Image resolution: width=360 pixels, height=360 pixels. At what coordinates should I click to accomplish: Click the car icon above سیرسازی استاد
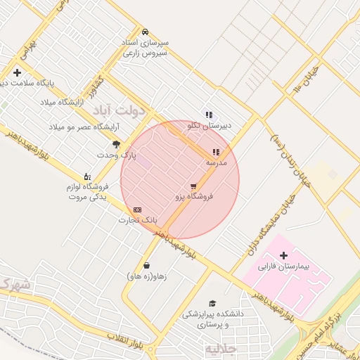click(x=145, y=32)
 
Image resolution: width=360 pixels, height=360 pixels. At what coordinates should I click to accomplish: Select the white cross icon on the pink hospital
click(x=283, y=255)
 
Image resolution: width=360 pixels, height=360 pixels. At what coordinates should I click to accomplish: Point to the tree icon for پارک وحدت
click(x=117, y=143)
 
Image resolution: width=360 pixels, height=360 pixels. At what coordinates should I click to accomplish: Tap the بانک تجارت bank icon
click(x=137, y=210)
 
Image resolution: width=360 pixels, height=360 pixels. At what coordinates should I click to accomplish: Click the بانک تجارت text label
click(x=137, y=221)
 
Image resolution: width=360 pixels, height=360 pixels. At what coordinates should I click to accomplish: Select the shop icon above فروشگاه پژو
click(x=193, y=186)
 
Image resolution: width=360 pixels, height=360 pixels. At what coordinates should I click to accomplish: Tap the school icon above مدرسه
click(x=216, y=151)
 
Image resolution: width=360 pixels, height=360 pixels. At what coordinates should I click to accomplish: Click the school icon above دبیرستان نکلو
click(x=209, y=115)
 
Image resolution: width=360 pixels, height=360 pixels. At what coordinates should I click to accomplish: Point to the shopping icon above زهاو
click(x=146, y=265)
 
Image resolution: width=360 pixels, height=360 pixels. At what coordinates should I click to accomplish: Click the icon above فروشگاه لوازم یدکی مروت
click(x=86, y=176)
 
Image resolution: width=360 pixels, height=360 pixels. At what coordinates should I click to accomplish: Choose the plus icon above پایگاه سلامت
click(x=17, y=72)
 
